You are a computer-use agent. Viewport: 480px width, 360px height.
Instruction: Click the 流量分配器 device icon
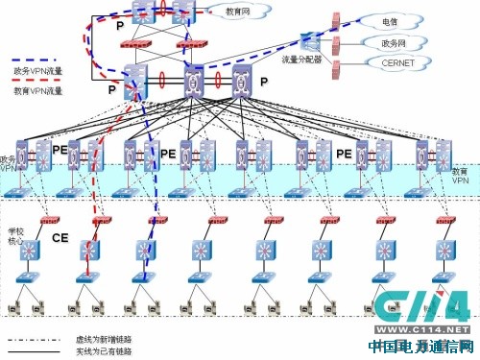pos(309,41)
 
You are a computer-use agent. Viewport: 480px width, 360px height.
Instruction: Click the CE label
pos(60,237)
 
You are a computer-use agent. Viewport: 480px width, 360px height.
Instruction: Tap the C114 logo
pos(420,309)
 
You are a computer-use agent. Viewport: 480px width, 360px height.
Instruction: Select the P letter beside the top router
pos(120,27)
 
